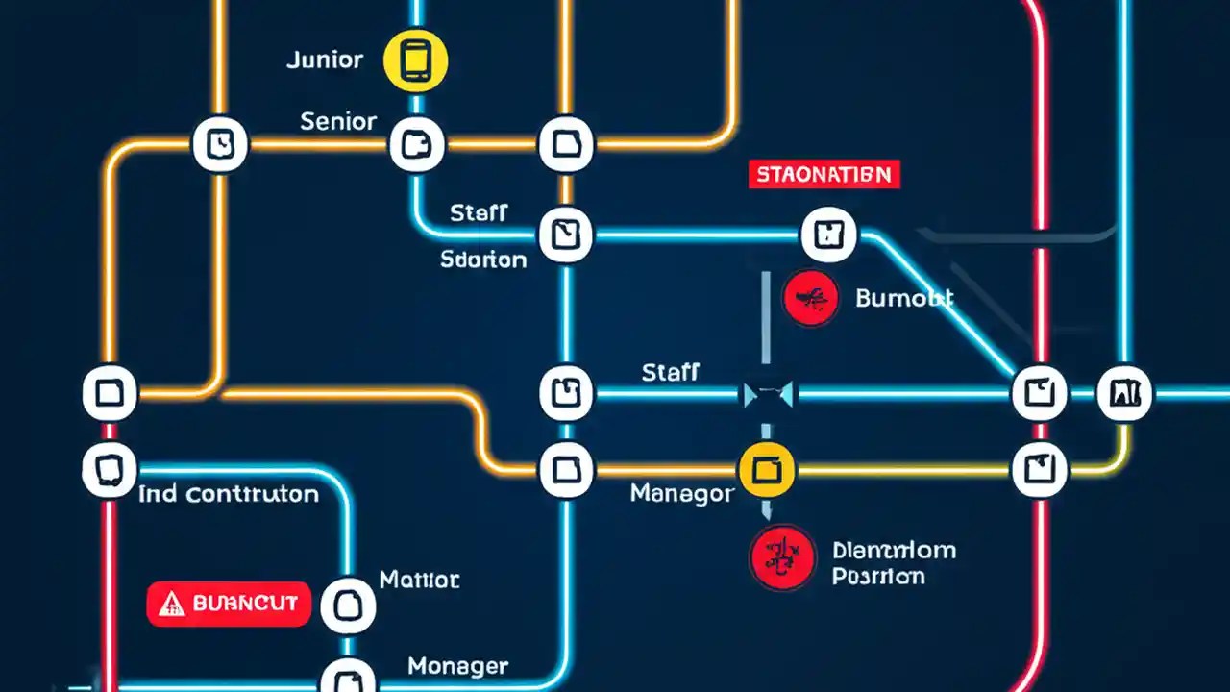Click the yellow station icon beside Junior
coord(415,60)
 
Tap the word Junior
coord(325,60)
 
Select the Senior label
coord(338,122)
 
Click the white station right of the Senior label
coord(417,146)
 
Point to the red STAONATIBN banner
coord(823,175)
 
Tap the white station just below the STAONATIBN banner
coord(827,234)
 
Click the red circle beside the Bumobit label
coord(811,297)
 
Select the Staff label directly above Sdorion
coord(479,212)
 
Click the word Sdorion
coord(483,259)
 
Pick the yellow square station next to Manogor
coord(766,470)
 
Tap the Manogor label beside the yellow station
coord(682,494)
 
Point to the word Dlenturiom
coord(893,551)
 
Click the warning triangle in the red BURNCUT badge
coord(171,604)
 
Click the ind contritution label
coord(229,495)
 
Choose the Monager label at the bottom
coord(457,666)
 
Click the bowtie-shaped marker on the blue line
coord(768,393)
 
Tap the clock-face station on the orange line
coord(221,145)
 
